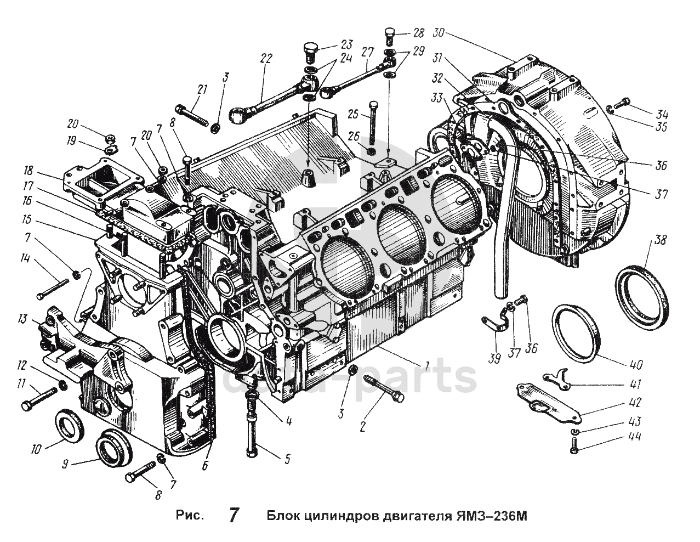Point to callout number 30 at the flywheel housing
439,33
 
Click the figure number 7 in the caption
233,516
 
